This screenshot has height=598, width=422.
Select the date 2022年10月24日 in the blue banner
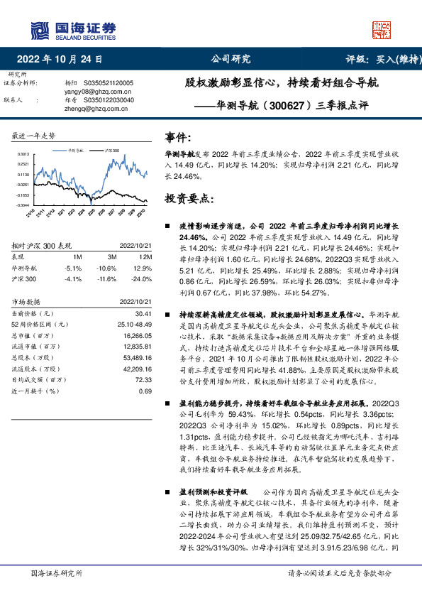(x=65, y=59)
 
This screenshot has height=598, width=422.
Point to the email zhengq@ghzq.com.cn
(x=89, y=109)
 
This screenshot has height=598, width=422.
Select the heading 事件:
(x=178, y=137)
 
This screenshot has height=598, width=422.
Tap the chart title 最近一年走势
(x=33, y=136)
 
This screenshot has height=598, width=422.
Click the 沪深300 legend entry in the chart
(x=111, y=151)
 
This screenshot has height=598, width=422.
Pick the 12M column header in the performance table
(x=145, y=256)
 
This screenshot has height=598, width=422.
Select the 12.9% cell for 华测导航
(x=143, y=268)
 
